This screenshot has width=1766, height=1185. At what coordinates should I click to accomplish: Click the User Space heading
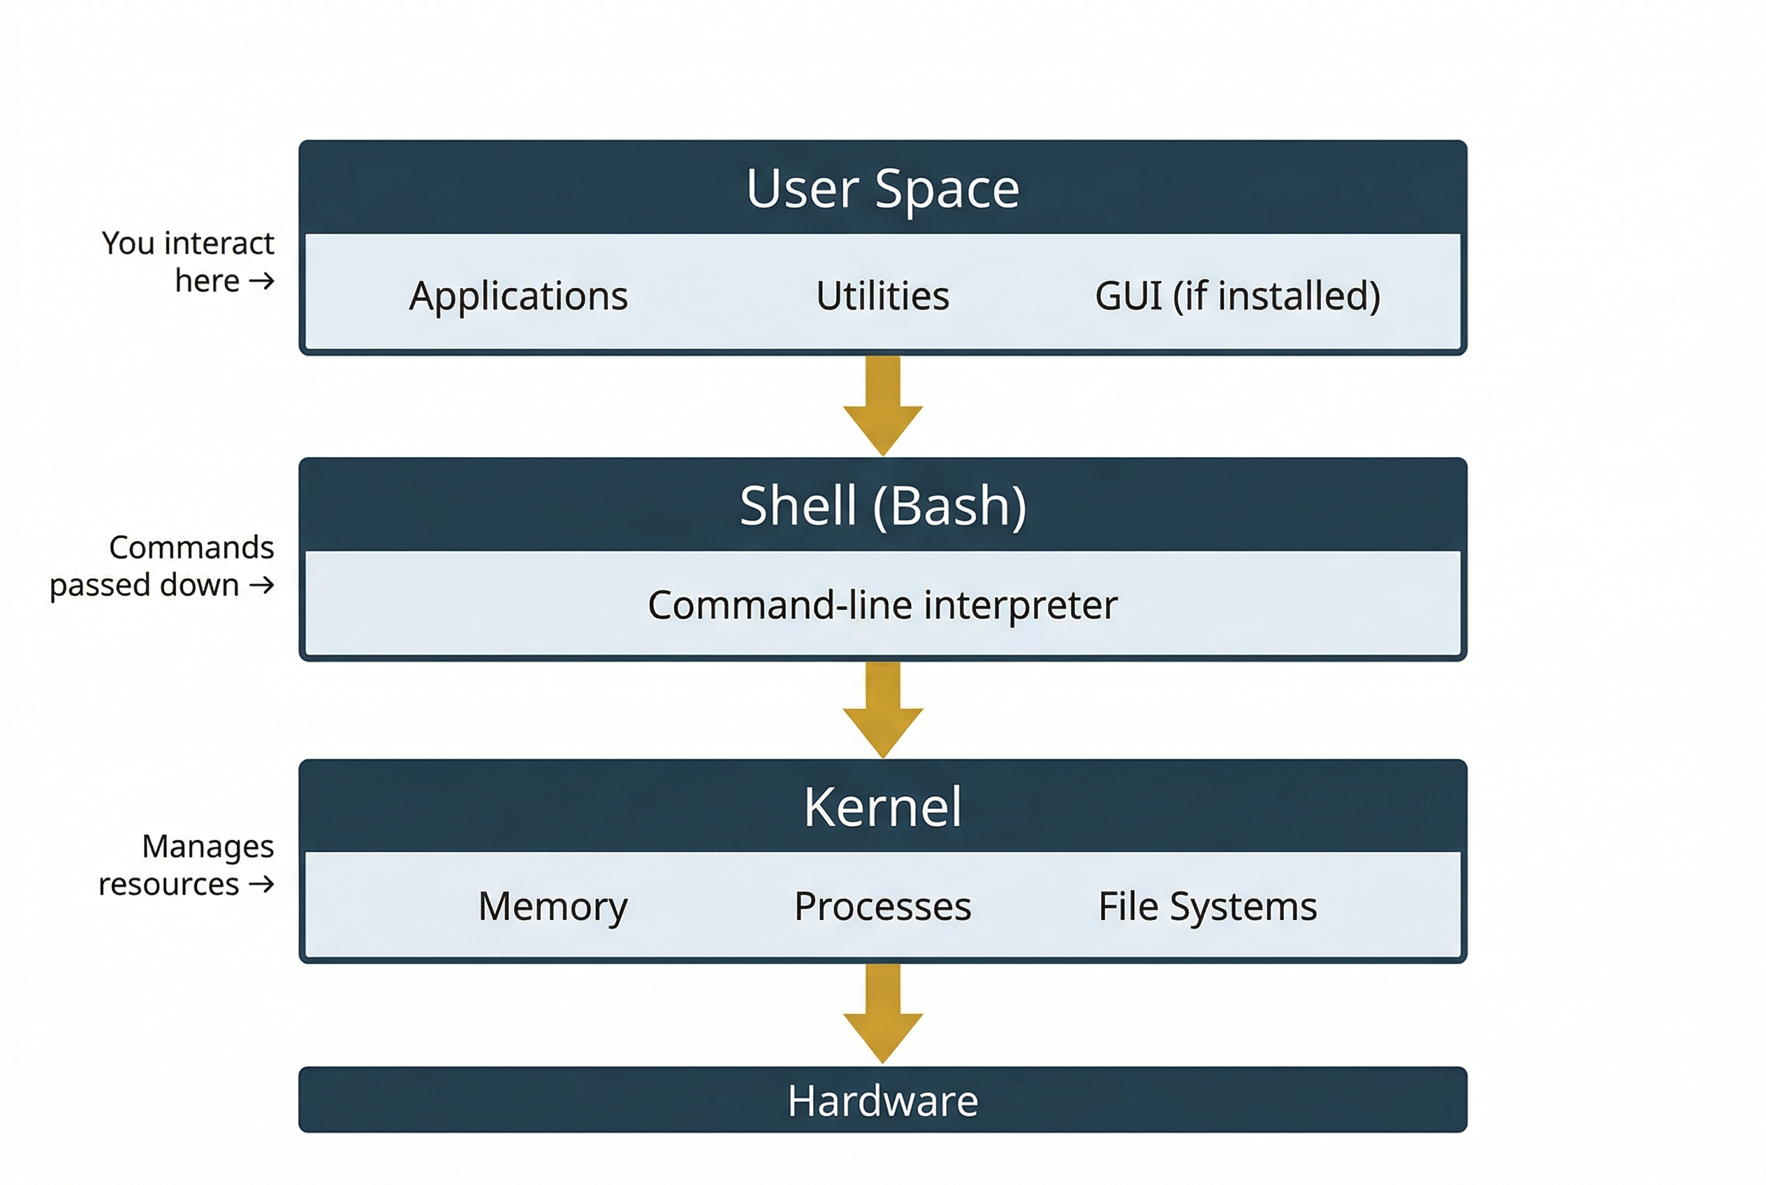[x=882, y=188]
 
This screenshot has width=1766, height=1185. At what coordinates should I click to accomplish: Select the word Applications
[x=518, y=296]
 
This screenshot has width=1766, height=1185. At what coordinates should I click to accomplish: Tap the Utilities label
[x=882, y=296]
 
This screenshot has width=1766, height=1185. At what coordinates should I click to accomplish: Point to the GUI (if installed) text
[x=1237, y=296]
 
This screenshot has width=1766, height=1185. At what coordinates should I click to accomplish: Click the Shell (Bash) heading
[x=882, y=506]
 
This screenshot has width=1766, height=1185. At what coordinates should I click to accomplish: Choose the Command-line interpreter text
[x=882, y=605]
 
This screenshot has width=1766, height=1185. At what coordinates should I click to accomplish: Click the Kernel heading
[x=882, y=807]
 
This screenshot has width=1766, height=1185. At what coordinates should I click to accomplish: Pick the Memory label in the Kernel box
[x=553, y=906]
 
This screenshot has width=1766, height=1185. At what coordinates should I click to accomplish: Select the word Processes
[x=882, y=906]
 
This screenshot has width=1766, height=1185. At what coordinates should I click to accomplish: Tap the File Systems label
[x=1207, y=906]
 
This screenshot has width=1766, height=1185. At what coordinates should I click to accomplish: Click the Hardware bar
[x=882, y=1100]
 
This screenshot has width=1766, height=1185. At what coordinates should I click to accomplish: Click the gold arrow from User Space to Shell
[x=882, y=407]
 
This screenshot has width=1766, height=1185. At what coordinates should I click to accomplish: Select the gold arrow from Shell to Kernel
[x=882, y=711]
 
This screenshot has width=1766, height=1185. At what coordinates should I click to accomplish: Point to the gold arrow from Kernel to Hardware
[x=882, y=1015]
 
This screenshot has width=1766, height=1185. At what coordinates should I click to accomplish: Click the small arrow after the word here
[x=261, y=282]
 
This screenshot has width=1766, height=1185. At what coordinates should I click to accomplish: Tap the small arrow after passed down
[x=261, y=586]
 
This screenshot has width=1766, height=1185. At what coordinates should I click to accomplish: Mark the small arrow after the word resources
[x=261, y=885]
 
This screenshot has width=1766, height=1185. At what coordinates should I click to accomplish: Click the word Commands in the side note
[x=191, y=547]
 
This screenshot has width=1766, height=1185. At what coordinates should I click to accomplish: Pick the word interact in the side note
[x=219, y=243]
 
